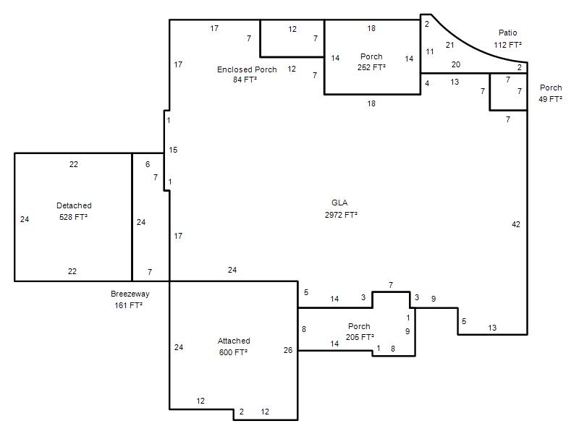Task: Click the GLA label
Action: pyautogui.click(x=339, y=203)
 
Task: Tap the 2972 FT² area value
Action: pyautogui.click(x=341, y=214)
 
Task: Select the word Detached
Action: pyautogui.click(x=74, y=205)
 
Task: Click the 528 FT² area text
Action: pyautogui.click(x=73, y=217)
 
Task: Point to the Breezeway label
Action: pyautogui.click(x=130, y=294)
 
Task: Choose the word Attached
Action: pyautogui.click(x=234, y=341)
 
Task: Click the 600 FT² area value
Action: pyautogui.click(x=233, y=352)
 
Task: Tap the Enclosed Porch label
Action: pyautogui.click(x=247, y=69)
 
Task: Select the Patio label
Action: pyautogui.click(x=508, y=33)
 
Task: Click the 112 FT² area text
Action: pyautogui.click(x=508, y=45)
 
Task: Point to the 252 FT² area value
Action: pyautogui.click(x=371, y=67)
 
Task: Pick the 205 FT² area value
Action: pyautogui.click(x=360, y=337)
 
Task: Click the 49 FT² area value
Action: pyautogui.click(x=550, y=99)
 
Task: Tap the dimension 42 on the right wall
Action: pyautogui.click(x=516, y=224)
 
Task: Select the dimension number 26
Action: pyautogui.click(x=288, y=350)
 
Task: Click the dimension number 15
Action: pyautogui.click(x=173, y=150)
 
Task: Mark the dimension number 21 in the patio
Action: pyautogui.click(x=449, y=45)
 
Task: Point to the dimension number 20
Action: pyautogui.click(x=456, y=64)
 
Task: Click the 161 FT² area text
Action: pyautogui.click(x=129, y=305)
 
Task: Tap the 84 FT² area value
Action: pyautogui.click(x=245, y=80)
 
